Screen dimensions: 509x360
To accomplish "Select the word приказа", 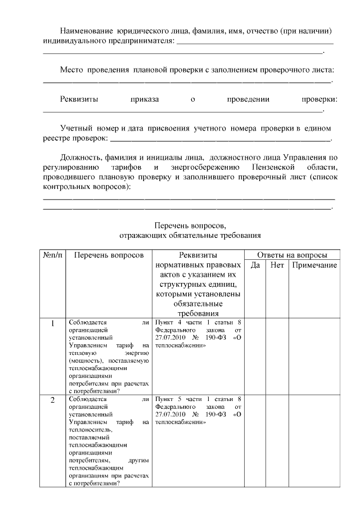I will (x=145, y=100).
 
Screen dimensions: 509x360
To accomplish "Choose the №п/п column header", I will (x=52, y=254).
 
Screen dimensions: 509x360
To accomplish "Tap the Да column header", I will (x=255, y=265).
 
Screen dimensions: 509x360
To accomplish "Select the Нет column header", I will (x=277, y=265).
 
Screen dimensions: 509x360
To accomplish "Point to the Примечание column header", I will (x=314, y=265).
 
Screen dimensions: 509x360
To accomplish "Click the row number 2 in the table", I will (x=53, y=400).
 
